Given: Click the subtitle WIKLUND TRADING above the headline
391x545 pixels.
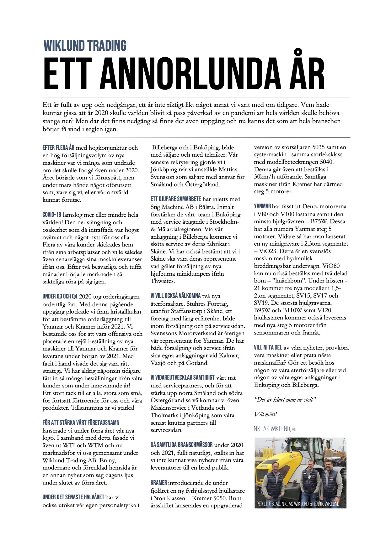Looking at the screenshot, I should click(85, 46).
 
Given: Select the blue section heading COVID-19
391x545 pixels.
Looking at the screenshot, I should click(52, 215).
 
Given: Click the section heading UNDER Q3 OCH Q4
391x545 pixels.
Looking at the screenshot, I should click(60, 296).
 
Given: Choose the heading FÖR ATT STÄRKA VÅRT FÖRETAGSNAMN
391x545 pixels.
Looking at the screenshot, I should click(81, 423).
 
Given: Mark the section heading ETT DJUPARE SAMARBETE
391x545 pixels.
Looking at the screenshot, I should click(175, 199).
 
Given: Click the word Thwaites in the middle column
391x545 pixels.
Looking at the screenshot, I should click(163, 281).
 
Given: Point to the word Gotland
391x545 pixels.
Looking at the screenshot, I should click(197, 363).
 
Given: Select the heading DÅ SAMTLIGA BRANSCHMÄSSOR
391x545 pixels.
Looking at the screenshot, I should click(181, 445).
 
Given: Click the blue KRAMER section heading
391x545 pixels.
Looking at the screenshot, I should click(159, 483).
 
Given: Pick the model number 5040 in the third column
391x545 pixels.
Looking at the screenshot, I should click(327, 162).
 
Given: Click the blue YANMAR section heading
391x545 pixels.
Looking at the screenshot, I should click(262, 206).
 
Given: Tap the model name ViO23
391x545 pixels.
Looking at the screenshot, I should click(269, 251).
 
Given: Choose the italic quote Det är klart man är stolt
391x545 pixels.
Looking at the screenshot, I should click(285, 400).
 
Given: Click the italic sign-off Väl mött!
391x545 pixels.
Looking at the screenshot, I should click(265, 414).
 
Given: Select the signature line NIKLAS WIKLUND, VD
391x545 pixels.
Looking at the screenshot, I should click(275, 429).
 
